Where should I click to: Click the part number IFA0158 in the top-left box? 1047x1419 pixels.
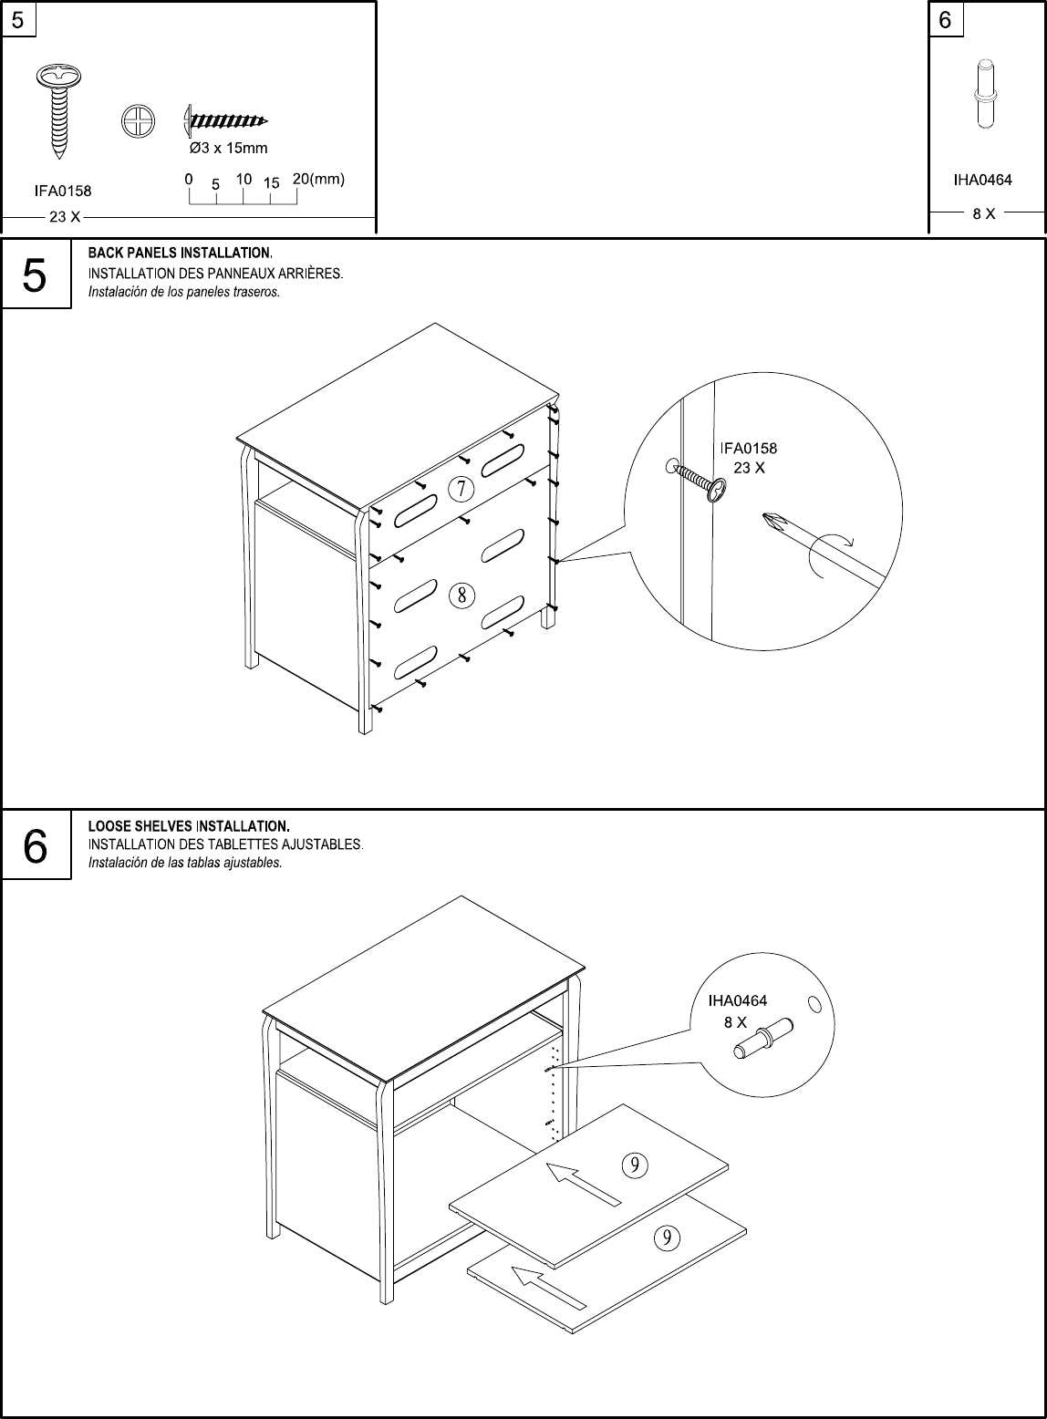pos(62,191)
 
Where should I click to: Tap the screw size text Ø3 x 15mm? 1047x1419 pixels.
pos(227,148)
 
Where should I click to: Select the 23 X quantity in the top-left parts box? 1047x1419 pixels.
pos(64,217)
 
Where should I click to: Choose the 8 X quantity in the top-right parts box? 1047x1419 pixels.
pos(983,214)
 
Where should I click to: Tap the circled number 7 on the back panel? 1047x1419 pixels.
pos(461,490)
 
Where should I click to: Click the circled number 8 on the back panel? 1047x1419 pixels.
pos(462,596)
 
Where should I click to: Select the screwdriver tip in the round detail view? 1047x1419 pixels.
pos(773,523)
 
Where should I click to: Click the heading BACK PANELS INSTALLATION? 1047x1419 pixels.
pos(180,252)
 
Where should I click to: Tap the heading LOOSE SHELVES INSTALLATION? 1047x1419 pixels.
pos(188,826)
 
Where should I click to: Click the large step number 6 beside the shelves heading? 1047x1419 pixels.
pos(35,846)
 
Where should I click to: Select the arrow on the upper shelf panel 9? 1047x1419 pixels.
pos(583,1183)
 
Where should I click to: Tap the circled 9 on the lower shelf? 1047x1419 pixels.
pos(668,1237)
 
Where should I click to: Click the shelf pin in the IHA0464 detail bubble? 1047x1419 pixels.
pos(762,1039)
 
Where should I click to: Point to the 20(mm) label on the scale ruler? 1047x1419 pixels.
pos(317,180)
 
